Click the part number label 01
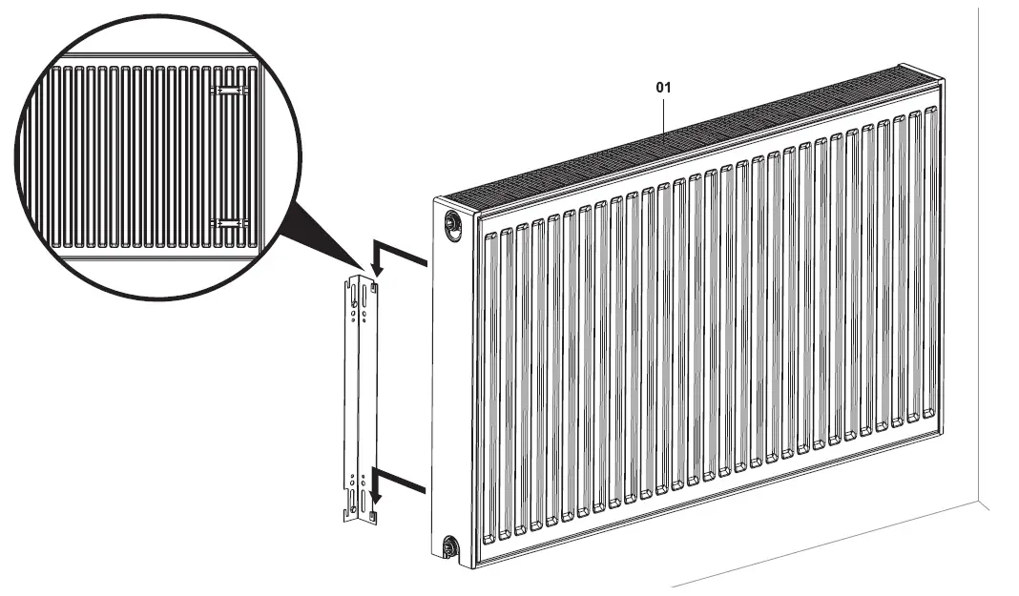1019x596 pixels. (x=663, y=87)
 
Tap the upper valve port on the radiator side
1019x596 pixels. (x=450, y=223)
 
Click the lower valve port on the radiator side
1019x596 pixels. (x=449, y=546)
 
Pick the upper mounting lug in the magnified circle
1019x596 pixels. (x=228, y=91)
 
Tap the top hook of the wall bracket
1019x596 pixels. (x=373, y=281)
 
